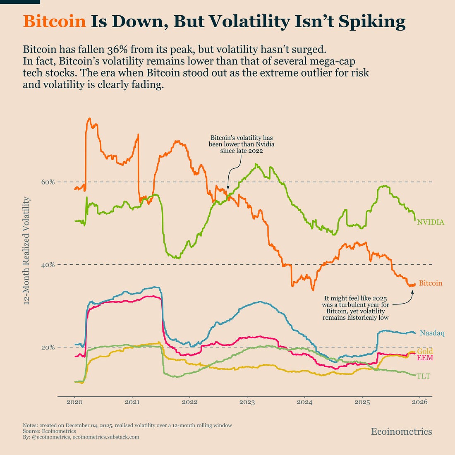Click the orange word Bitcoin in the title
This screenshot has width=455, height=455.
pyautogui.click(x=55, y=22)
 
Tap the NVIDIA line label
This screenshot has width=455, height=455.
pyautogui.click(x=431, y=222)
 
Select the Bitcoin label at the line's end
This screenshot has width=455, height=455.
pyautogui.click(x=430, y=283)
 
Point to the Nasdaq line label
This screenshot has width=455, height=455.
pyautogui.click(x=432, y=333)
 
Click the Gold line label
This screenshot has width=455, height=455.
pyautogui.click(x=425, y=352)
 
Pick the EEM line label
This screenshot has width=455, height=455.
pyautogui.click(x=425, y=358)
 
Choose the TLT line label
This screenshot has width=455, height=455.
pyautogui.click(x=424, y=376)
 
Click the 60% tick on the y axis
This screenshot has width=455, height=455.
pyautogui.click(x=48, y=182)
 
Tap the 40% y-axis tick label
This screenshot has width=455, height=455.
pyautogui.click(x=48, y=265)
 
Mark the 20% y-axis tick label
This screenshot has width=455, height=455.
pyautogui.click(x=48, y=347)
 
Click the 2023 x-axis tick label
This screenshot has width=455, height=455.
pyautogui.click(x=247, y=402)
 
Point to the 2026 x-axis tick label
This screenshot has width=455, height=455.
pyautogui.click(x=420, y=402)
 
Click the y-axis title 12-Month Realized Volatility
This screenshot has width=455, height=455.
pyautogui.click(x=27, y=251)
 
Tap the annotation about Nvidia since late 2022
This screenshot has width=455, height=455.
pyautogui.click(x=242, y=144)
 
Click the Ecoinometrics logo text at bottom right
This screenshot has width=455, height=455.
pyautogui.click(x=401, y=432)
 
